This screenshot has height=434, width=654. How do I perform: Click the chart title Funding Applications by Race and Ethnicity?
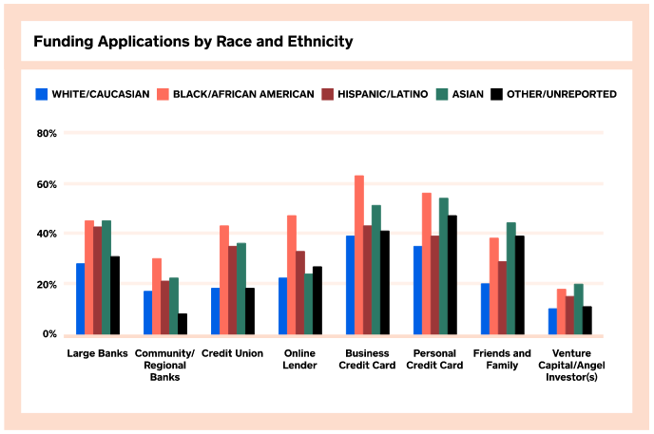pos(193,43)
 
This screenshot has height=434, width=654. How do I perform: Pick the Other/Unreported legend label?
pos(562,94)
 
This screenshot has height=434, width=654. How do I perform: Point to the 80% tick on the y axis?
pos(47,134)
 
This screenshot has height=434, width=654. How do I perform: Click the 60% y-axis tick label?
pos(47,184)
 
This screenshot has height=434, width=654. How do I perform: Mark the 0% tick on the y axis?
pos(49,334)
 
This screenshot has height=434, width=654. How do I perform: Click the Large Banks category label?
pos(99,353)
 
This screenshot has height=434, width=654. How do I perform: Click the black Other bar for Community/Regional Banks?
pos(183,324)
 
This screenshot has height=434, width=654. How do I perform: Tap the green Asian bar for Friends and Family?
pos(510,278)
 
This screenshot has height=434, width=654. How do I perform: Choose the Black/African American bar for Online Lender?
pos(291,274)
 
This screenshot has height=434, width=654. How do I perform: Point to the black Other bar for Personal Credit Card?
pos(452,274)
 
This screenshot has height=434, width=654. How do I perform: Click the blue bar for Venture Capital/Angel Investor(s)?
pos(552,321)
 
